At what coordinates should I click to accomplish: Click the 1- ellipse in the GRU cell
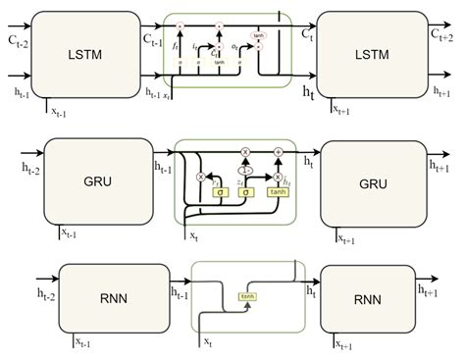pos(245,169)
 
